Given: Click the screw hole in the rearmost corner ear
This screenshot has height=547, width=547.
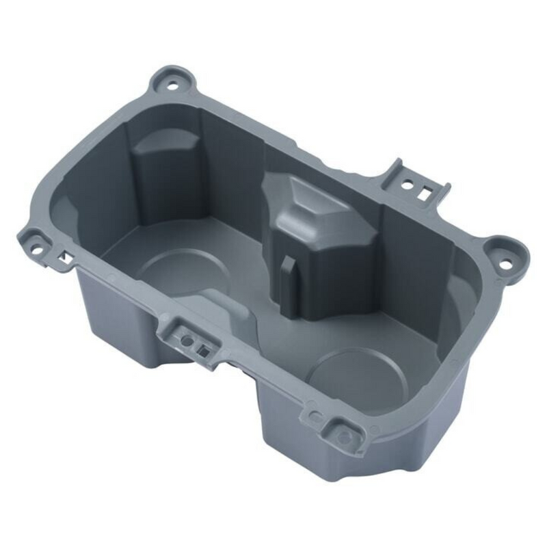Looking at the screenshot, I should [x=170, y=86].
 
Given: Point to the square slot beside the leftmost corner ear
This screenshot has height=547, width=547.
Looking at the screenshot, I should [x=63, y=258].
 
